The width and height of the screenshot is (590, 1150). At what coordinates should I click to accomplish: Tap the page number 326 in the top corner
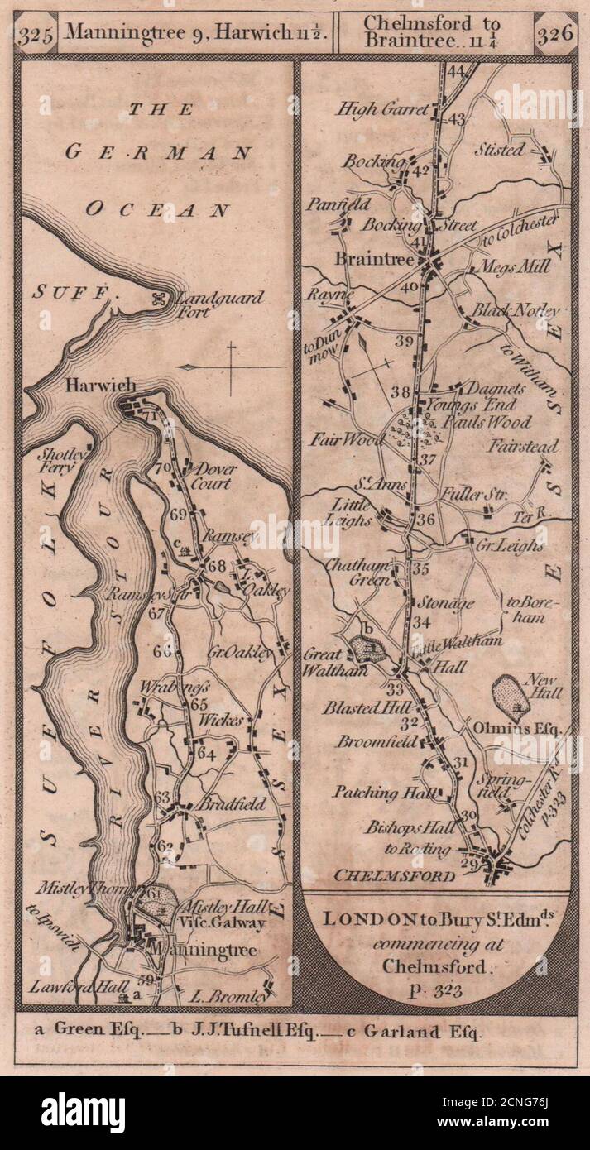pyautogui.click(x=554, y=34)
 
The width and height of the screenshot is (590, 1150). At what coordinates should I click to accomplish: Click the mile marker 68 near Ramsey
pyautogui.click(x=217, y=567)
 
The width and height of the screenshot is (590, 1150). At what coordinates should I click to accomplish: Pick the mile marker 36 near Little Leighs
pyautogui.click(x=425, y=520)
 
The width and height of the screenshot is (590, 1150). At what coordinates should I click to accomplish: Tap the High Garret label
pyautogui.click(x=394, y=109)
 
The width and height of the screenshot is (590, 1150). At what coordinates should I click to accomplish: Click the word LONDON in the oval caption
pyautogui.click(x=359, y=918)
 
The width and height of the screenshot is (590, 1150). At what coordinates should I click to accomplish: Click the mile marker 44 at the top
pyautogui.click(x=455, y=71)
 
